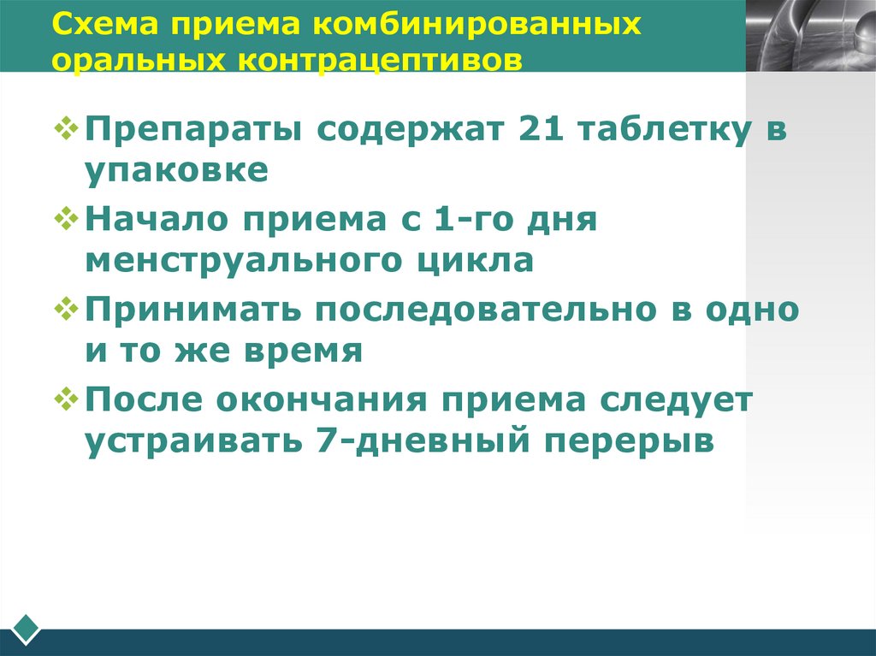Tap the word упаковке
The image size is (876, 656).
(176, 170)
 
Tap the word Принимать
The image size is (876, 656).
(194, 310)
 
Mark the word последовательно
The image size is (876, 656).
(482, 310)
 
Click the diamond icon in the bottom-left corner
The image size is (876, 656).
(27, 629)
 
